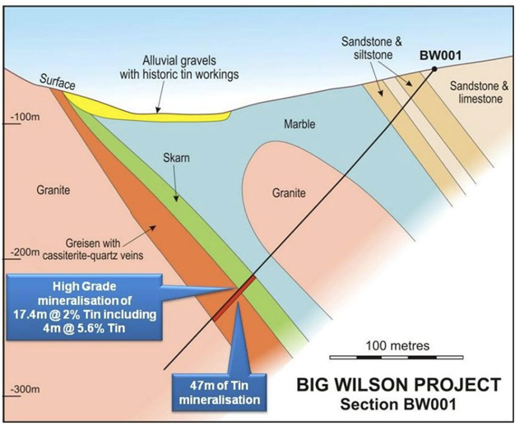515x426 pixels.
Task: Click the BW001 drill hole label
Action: pyautogui.click(x=440, y=55)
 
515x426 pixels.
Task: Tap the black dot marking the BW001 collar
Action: pyautogui.click(x=434, y=69)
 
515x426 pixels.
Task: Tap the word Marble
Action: pyautogui.click(x=298, y=125)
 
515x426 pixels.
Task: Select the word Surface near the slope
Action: pyautogui.click(x=57, y=79)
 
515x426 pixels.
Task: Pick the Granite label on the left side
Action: pyautogui.click(x=53, y=190)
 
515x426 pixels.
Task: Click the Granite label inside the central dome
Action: pyautogui.click(x=288, y=193)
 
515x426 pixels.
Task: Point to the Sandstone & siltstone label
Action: pyautogui.click(x=369, y=48)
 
